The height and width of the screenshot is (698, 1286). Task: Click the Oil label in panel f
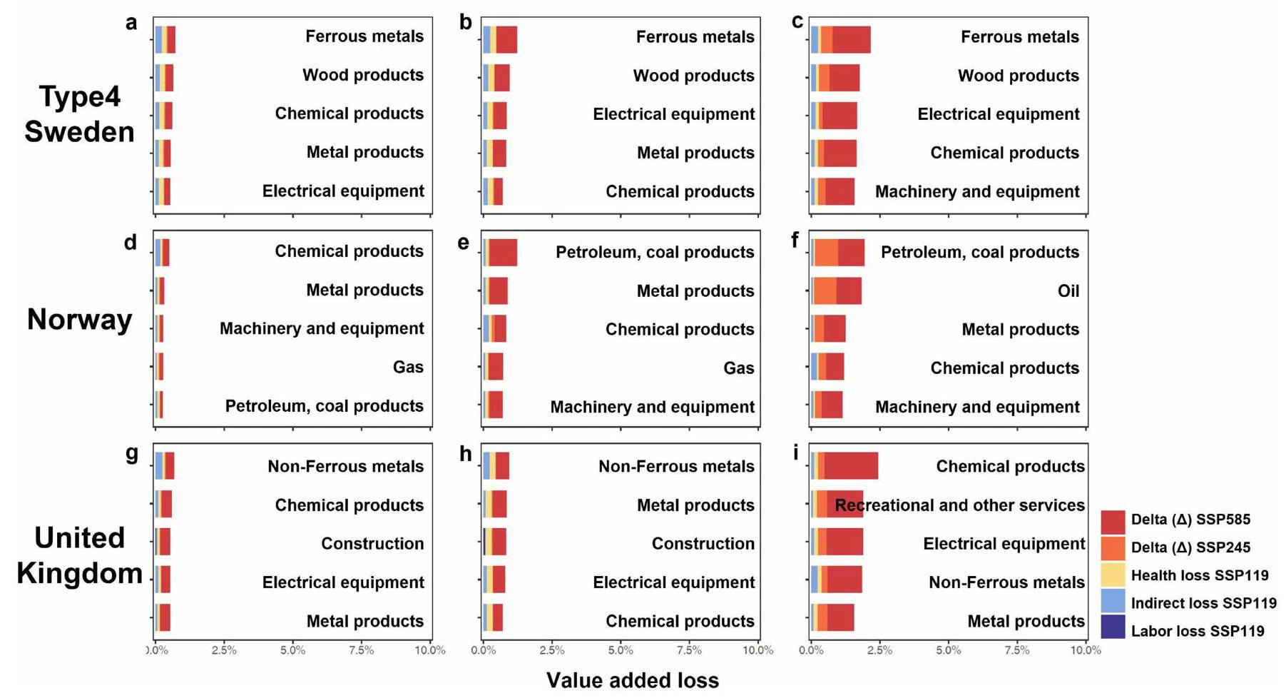(1068, 291)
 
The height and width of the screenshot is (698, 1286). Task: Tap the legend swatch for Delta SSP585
(1113, 521)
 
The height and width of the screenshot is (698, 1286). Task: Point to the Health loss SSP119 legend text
(1200, 575)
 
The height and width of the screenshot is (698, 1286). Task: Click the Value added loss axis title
(633, 680)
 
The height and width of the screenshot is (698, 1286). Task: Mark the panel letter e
(464, 243)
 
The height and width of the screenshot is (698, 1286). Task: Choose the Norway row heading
(79, 320)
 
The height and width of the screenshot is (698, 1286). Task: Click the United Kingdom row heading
(79, 555)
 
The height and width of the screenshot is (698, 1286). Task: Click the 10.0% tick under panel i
(1086, 650)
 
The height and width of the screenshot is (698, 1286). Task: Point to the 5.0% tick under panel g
(292, 650)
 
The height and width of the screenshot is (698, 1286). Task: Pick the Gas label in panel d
(408, 368)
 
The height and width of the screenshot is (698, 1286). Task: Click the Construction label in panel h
(703, 544)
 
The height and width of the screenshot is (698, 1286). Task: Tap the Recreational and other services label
(959, 505)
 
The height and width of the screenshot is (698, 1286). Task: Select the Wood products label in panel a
(362, 75)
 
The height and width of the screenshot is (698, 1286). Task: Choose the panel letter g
(132, 453)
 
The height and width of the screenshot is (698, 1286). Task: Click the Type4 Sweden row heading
(79, 114)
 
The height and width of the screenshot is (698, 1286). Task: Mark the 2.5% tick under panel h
(551, 650)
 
